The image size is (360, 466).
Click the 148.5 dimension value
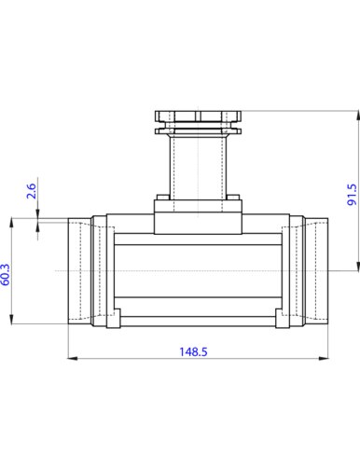click(x=193, y=351)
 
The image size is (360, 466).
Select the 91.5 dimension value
click(x=352, y=195)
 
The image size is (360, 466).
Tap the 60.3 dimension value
click(x=6, y=275)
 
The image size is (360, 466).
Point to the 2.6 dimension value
click(x=31, y=191)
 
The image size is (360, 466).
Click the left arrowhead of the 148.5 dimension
click(x=73, y=359)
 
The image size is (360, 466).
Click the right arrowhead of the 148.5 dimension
click(x=324, y=359)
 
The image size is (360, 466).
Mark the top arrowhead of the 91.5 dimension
click(x=358, y=116)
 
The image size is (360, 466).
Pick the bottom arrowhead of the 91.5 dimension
click(x=358, y=266)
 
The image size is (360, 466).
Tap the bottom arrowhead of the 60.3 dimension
click(x=11, y=320)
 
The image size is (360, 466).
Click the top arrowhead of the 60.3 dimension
click(x=11, y=223)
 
